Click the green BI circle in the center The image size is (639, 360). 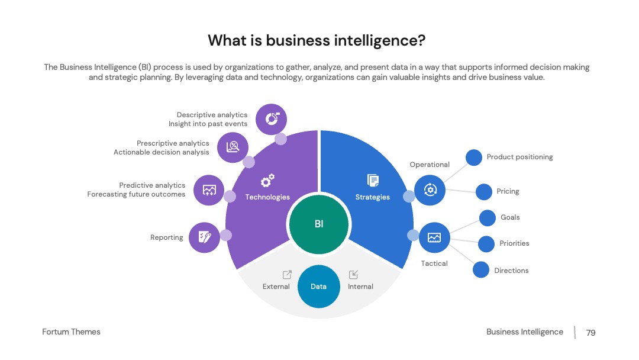coord(319,224)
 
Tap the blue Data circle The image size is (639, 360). coord(319,286)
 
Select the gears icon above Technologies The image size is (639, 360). coord(268,180)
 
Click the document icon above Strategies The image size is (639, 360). coord(373,180)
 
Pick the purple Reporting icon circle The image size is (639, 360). coord(204,237)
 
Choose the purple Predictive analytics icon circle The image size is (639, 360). coord(209,190)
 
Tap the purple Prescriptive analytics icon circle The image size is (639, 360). coord(233,147)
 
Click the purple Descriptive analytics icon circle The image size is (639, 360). coord(272,119)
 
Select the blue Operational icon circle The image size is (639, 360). coord(430,190)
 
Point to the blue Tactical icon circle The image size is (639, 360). coord(434,237)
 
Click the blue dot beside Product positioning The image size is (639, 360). coord(474,157)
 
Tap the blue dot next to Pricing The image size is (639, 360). coord(484,192)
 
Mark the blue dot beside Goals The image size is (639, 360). coord(488,218)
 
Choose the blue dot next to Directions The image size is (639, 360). coord(481,270)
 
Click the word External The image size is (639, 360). coord(276,287)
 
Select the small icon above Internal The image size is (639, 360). coord(353,274)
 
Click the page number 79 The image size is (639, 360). coord(591,333)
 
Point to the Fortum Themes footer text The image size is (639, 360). coord(72,332)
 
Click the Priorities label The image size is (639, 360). coord(514,243)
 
